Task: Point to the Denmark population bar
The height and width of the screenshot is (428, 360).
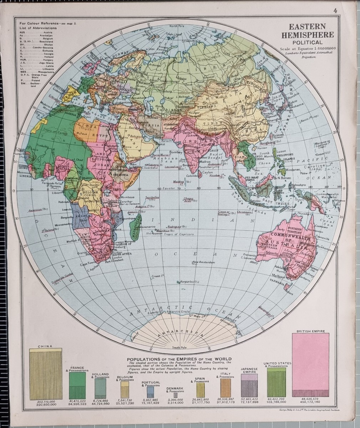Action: point(175,395)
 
